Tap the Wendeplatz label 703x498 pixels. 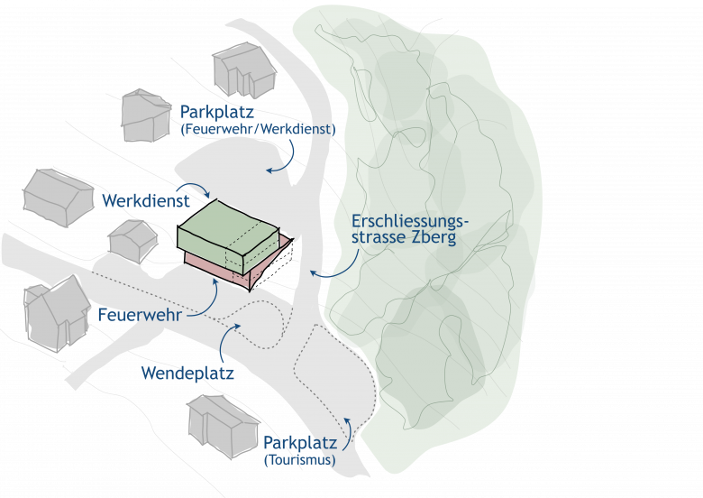point(187,373)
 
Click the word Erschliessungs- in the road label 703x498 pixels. point(410,220)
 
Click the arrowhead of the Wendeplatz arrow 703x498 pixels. point(223,326)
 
